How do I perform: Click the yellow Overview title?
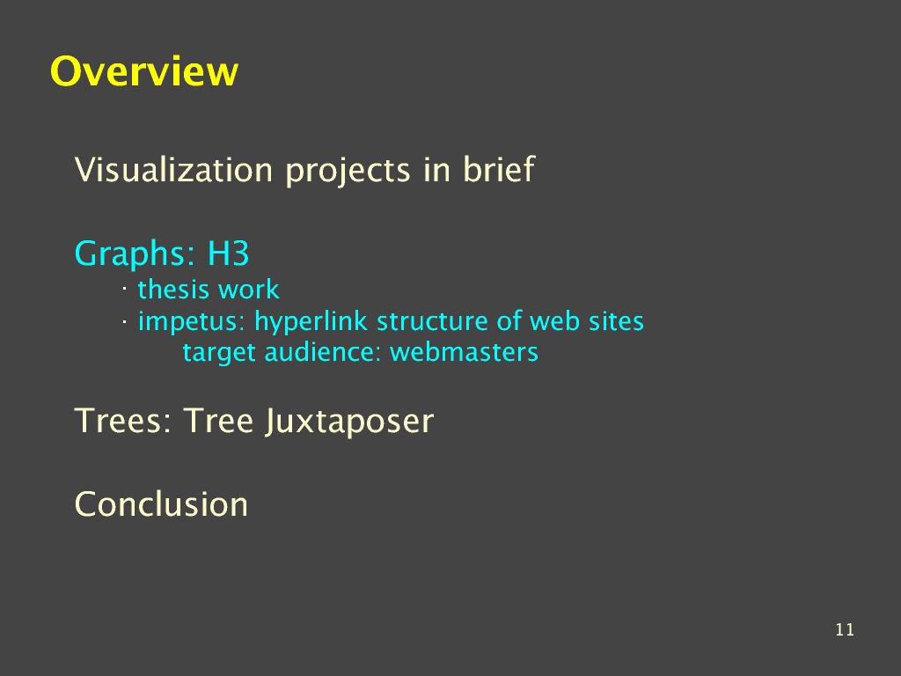(143, 71)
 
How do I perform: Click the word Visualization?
(173, 170)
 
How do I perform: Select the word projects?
(348, 172)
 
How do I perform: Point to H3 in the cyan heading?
(228, 253)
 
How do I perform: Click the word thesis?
(173, 289)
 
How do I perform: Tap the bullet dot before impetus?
(124, 322)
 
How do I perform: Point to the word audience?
(322, 352)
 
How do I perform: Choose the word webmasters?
(465, 352)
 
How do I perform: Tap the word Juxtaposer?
(349, 422)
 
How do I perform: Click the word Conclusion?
(161, 504)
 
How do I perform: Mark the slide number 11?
(845, 629)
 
